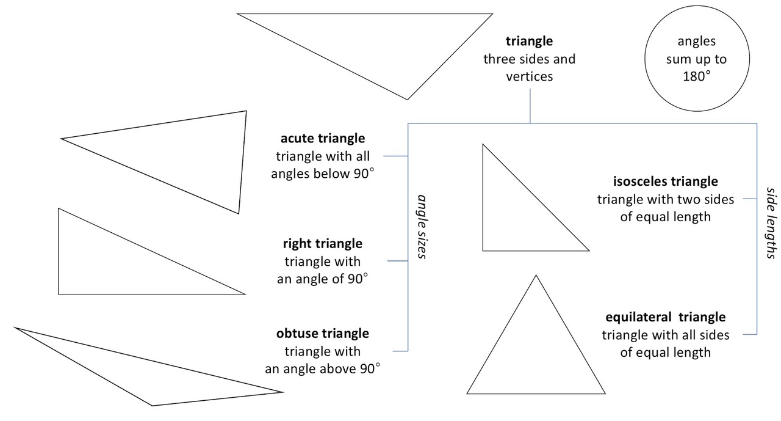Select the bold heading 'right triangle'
322,244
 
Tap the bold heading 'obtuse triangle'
322,334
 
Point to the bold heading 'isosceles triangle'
665,182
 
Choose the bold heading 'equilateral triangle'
665,318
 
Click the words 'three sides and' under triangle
529,59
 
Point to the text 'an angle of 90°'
322,279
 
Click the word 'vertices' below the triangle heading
529,77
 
